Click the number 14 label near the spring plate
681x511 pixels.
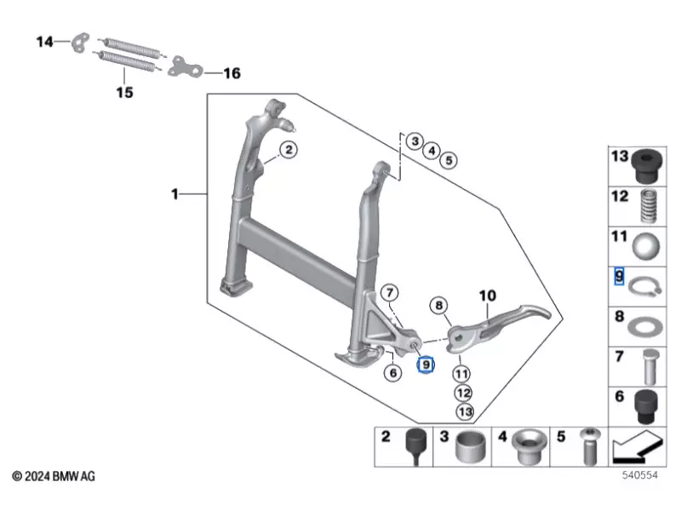click(x=43, y=40)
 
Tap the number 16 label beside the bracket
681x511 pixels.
click(x=232, y=73)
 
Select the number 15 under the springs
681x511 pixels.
click(x=124, y=92)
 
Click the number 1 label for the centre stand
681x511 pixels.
click(x=175, y=195)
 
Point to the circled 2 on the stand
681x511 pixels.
click(x=289, y=150)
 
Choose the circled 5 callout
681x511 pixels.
click(x=449, y=159)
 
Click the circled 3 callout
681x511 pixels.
click(x=413, y=141)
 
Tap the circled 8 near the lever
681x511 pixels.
click(x=438, y=305)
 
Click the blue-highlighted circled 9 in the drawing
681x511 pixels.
click(x=425, y=365)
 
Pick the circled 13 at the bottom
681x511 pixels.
click(x=464, y=411)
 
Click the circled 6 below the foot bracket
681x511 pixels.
click(x=392, y=372)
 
